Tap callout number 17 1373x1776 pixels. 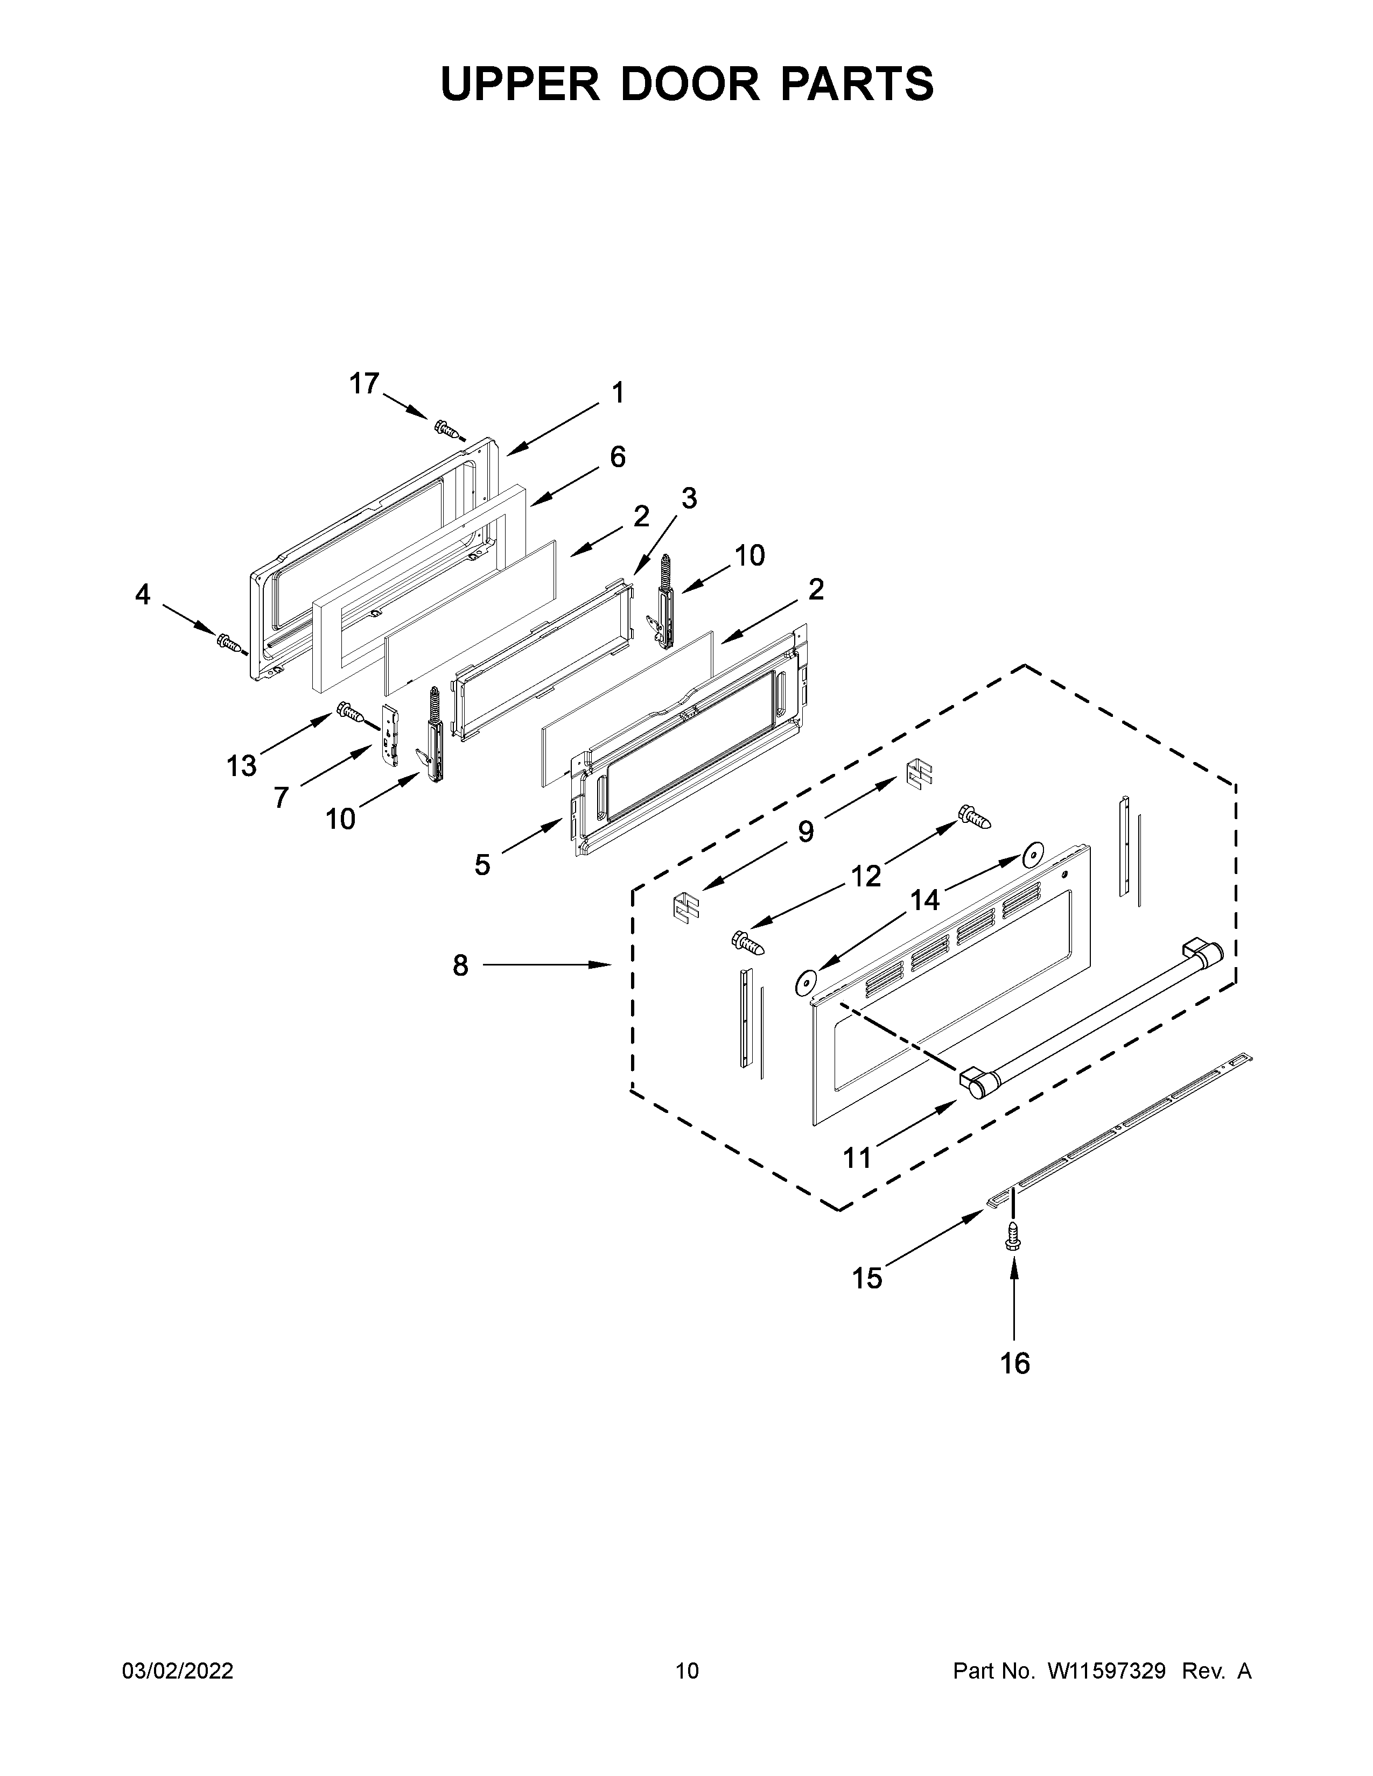[365, 383]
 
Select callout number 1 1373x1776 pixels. [618, 393]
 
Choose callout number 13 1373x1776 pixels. [242, 765]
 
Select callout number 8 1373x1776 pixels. [460, 965]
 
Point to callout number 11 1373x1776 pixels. [857, 1157]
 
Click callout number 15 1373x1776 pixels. [867, 1278]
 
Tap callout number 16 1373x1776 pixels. [1015, 1363]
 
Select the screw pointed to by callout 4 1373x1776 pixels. [228, 643]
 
